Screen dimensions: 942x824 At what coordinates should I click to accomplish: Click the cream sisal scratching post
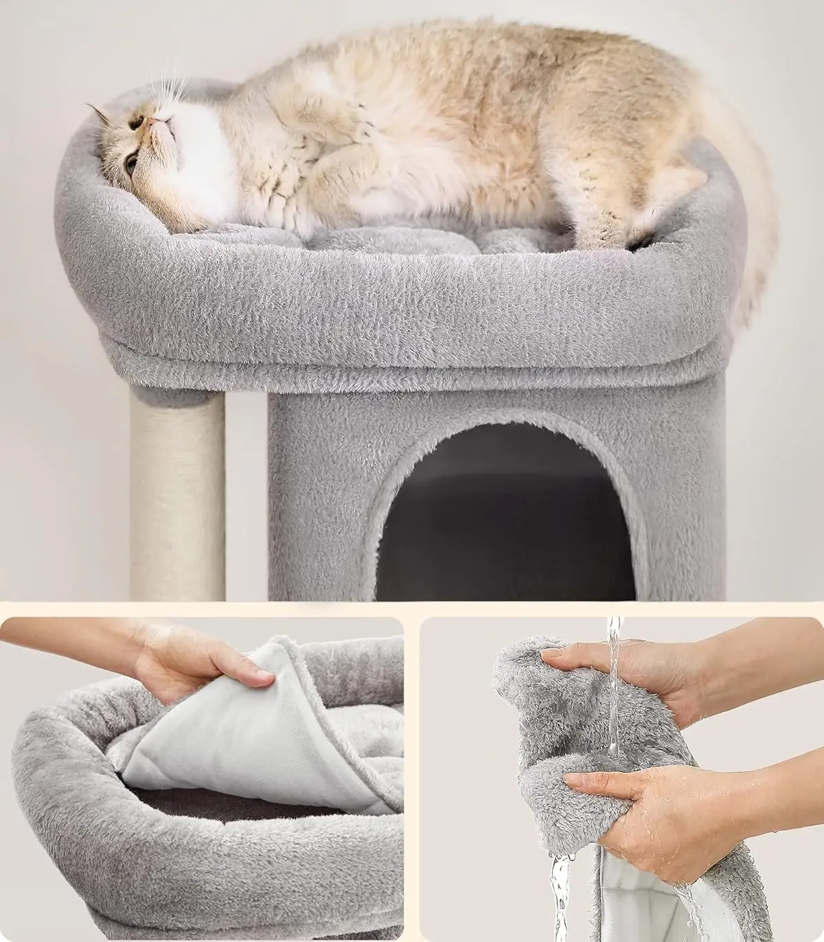pyautogui.click(x=177, y=494)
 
